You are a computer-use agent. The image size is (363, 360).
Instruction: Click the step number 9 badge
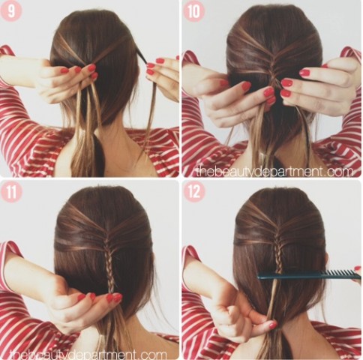(x=11, y=11)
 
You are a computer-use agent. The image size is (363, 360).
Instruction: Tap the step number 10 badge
(x=193, y=11)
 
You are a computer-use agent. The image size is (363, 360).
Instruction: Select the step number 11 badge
(x=11, y=192)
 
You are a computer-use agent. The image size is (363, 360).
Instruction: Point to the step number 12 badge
(x=194, y=192)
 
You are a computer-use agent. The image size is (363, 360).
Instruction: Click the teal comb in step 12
(x=309, y=275)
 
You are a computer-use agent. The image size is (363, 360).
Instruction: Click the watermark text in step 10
(x=275, y=172)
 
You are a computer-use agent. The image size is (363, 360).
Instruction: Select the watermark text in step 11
(x=88, y=354)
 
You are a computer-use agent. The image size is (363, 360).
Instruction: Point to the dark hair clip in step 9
(x=142, y=55)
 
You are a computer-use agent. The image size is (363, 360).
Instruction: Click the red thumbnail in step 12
(x=272, y=325)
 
